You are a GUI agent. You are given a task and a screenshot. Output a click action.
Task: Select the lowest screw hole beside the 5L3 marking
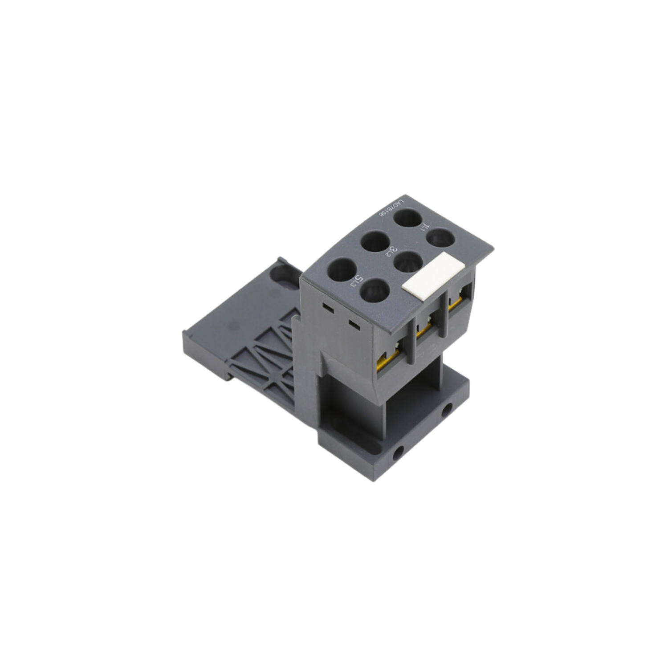pos(375,291)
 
